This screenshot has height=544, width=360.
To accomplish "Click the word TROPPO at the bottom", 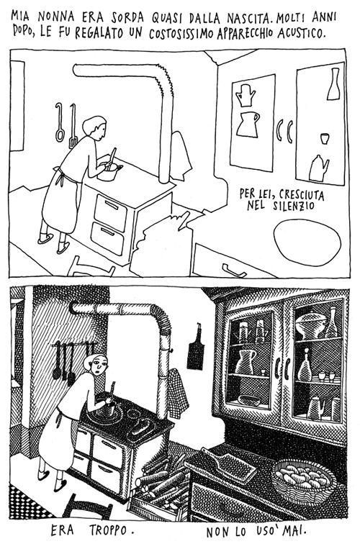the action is (x=111, y=530).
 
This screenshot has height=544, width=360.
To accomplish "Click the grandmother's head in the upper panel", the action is (x=95, y=127).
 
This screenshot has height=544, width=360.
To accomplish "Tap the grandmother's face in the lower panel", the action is (x=98, y=364).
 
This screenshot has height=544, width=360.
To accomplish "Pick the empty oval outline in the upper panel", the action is (x=307, y=242).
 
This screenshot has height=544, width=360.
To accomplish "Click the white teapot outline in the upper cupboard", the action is (x=318, y=168).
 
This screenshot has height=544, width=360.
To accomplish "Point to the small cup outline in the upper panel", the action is (x=325, y=138).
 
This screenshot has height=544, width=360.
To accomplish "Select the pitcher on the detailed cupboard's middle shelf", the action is (x=245, y=361).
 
